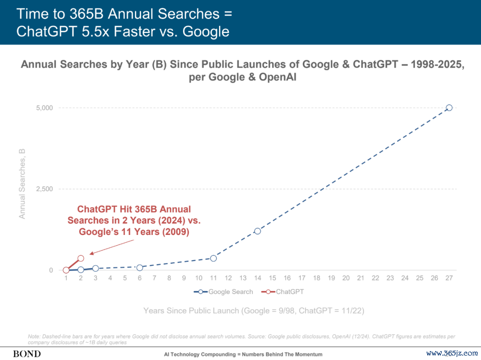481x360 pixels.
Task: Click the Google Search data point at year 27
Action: (449, 108)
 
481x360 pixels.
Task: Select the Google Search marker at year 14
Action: (257, 231)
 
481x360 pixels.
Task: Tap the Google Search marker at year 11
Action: (213, 258)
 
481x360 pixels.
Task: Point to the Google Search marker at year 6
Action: (139, 267)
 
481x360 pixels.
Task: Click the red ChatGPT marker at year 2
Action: (81, 258)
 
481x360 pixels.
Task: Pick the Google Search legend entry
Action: (224, 292)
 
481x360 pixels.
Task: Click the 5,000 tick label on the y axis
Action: (44, 108)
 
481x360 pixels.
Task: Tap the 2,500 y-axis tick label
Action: (44, 189)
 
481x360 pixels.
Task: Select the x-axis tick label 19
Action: (331, 278)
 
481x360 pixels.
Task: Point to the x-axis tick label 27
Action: (449, 278)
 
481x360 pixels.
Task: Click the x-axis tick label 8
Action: (169, 278)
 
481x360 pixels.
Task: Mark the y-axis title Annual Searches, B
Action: (22, 184)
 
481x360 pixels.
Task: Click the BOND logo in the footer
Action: (27, 354)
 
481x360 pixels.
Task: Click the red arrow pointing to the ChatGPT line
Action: (111, 247)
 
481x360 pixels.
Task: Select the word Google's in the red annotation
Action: (98, 232)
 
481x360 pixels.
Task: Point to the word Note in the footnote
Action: (34, 336)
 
